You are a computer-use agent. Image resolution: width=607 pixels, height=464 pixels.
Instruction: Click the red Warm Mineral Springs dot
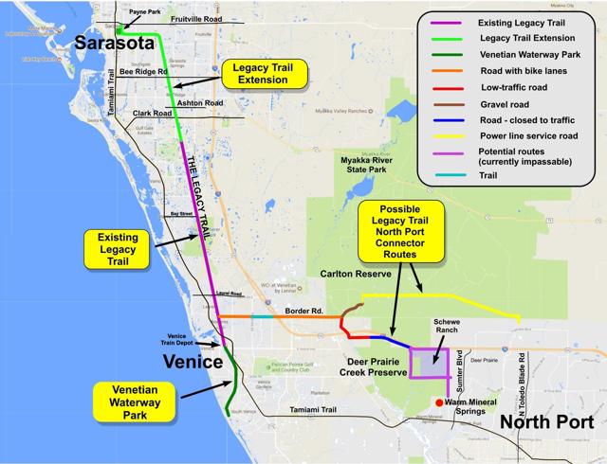438,402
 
